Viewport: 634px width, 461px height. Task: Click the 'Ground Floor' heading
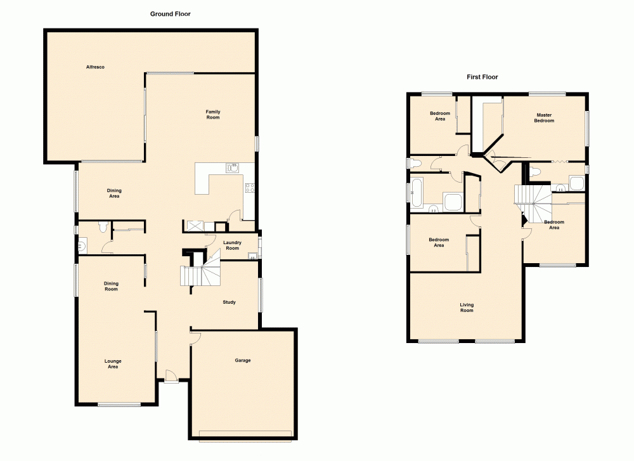tap(170, 14)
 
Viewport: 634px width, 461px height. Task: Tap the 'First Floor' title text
tap(482, 77)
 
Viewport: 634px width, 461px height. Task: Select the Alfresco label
tap(95, 67)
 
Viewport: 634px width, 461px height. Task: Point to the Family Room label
tap(213, 115)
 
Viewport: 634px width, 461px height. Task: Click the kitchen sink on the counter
tap(233, 168)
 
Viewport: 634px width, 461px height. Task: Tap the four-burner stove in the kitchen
tap(249, 187)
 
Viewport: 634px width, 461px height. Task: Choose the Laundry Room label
tap(233, 245)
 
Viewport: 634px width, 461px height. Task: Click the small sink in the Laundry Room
tap(252, 256)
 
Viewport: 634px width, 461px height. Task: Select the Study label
tap(229, 302)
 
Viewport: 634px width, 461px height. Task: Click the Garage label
tap(243, 361)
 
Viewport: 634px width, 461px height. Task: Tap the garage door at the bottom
tap(245, 435)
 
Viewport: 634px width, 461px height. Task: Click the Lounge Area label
tap(113, 364)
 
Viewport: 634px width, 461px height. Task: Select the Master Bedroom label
tap(543, 118)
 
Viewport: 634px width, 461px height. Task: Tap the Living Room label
tap(467, 308)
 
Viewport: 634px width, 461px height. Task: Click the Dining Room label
tap(112, 287)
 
